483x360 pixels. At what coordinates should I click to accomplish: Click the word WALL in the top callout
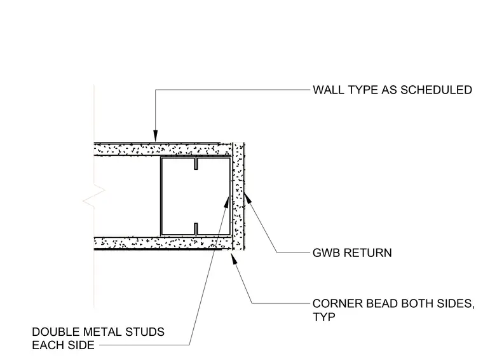click(x=329, y=90)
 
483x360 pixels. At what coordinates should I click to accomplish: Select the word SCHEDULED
click(x=436, y=90)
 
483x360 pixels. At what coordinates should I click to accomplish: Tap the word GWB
click(x=327, y=253)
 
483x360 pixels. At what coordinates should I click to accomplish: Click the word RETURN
click(x=368, y=253)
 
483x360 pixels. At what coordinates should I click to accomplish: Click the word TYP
click(x=323, y=317)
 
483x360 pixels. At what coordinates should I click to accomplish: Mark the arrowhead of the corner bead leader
click(x=234, y=258)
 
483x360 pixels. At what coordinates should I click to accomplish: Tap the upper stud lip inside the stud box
click(x=196, y=163)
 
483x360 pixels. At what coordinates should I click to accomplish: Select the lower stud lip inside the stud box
click(x=196, y=229)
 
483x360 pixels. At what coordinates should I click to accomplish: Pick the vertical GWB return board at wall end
click(x=238, y=197)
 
